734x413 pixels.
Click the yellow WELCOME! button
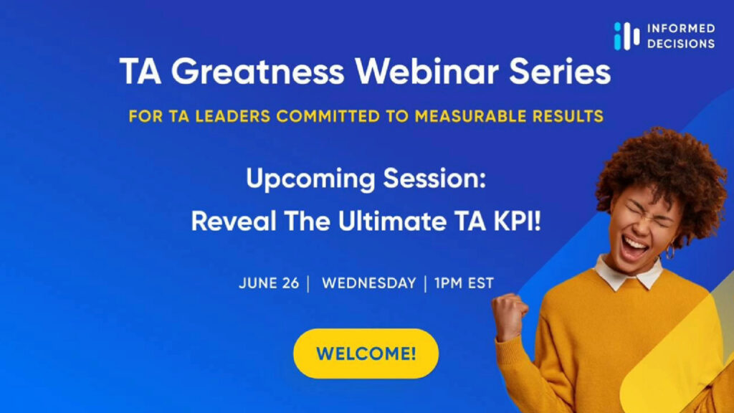366,353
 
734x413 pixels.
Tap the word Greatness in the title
257,72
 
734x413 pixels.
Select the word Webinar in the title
426,72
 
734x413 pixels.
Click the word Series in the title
560,72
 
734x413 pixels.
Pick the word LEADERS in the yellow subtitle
233,116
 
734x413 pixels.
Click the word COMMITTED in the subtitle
328,116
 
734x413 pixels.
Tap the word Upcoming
310,179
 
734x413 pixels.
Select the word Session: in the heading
434,179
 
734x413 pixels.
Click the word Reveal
234,221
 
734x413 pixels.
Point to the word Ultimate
392,221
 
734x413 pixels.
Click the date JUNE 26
269,283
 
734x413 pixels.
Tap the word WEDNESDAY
369,283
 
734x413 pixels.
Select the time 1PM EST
464,283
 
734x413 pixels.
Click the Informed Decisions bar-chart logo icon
626,36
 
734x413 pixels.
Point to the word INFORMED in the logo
681,29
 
